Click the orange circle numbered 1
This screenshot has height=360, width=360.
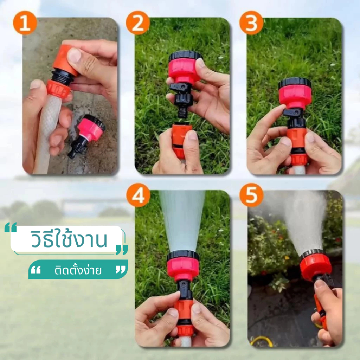point(25,23)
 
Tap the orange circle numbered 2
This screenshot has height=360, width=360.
point(138,23)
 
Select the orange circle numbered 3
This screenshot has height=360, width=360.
point(251,23)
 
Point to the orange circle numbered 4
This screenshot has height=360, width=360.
point(138,195)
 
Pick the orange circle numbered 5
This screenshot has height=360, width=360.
point(251,195)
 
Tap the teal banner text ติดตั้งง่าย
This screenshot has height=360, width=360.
point(78,270)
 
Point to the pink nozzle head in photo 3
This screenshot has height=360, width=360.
point(295,93)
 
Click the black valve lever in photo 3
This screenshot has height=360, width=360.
point(291,112)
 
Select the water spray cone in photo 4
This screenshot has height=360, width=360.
point(182,220)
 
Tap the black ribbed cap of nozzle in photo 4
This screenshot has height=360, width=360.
point(183,255)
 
